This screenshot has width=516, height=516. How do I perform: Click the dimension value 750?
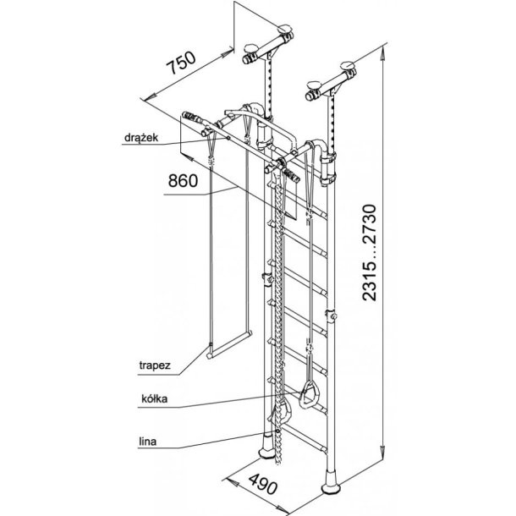tap(181, 63)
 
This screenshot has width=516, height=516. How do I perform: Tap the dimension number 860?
tap(183, 181)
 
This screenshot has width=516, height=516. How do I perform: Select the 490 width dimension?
tap(263, 484)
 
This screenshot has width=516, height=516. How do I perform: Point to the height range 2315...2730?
tap(369, 252)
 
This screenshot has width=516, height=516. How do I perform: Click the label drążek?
tap(141, 138)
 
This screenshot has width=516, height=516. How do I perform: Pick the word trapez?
tap(155, 365)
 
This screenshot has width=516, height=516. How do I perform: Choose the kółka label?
tap(154, 399)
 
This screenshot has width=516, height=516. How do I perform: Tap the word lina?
tap(147, 442)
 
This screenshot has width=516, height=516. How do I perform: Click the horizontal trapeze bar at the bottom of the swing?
tap(229, 344)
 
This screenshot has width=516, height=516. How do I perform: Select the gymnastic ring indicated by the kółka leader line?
tap(309, 394)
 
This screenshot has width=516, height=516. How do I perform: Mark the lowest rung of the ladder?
tap(305, 438)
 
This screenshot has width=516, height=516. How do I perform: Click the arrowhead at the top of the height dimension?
tap(382, 53)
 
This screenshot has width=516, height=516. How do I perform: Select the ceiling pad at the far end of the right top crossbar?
tap(348, 65)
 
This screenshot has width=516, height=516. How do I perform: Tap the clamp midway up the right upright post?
tap(332, 316)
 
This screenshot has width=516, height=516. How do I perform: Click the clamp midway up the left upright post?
tap(267, 279)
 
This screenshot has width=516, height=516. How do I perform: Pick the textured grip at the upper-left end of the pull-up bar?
tap(191, 117)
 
